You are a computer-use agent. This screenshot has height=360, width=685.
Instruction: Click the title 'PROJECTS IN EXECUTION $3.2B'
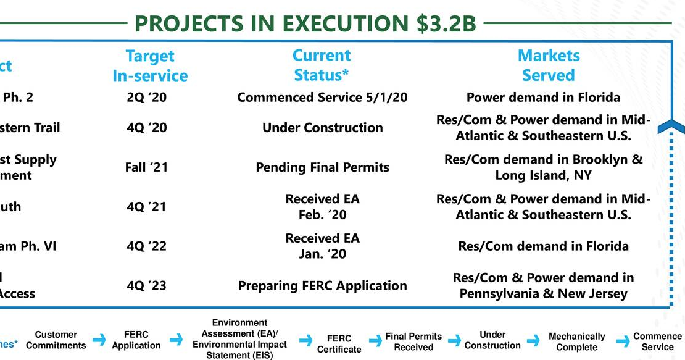(305, 24)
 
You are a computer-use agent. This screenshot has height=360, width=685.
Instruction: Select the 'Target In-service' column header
(150, 65)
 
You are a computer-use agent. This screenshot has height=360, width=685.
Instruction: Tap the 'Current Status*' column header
(322, 65)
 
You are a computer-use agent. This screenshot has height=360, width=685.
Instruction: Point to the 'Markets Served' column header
(549, 65)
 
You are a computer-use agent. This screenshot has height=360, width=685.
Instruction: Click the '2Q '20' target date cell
(146, 98)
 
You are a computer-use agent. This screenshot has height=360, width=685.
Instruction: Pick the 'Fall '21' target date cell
(146, 167)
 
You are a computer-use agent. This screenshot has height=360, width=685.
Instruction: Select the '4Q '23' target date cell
(146, 286)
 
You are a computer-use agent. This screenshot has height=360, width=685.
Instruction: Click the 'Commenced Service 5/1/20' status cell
(322, 98)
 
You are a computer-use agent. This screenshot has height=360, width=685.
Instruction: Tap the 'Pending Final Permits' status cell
(322, 167)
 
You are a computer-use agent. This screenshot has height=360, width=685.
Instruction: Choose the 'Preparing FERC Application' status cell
(322, 286)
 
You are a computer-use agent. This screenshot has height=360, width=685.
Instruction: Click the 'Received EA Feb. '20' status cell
(322, 207)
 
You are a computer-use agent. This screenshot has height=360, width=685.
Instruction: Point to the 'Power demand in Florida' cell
(543, 98)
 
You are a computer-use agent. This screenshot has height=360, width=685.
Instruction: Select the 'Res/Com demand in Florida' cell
(543, 246)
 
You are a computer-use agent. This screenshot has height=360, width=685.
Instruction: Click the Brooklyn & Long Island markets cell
(543, 167)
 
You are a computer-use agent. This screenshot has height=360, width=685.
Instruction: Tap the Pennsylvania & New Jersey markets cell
(543, 286)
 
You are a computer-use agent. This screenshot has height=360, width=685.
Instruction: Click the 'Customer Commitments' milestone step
(56, 340)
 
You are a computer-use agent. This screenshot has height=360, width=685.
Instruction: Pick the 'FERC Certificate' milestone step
(339, 344)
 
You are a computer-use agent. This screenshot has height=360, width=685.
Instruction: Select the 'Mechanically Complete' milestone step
(576, 341)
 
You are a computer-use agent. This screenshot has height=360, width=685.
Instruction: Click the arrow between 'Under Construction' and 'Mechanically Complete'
(534, 341)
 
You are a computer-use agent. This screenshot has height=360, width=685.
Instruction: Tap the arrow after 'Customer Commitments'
(99, 340)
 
